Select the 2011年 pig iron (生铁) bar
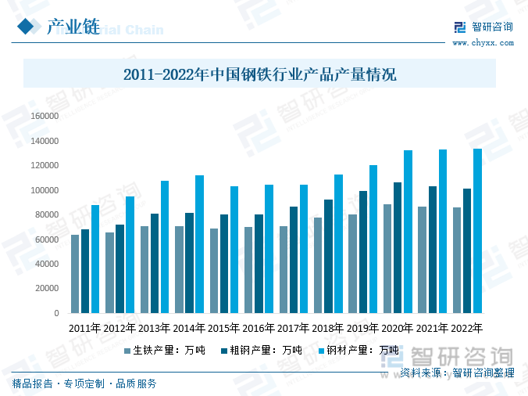tap(75, 274)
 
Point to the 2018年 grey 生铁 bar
tap(317, 265)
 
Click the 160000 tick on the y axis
tap(45, 116)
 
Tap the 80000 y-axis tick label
tap(47, 214)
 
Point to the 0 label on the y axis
tap(56, 313)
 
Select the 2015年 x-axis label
tap(224, 328)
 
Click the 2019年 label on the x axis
tap(362, 328)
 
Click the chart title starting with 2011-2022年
tap(260, 75)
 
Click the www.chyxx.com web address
tap(483, 43)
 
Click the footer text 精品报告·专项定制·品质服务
tap(84, 383)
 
